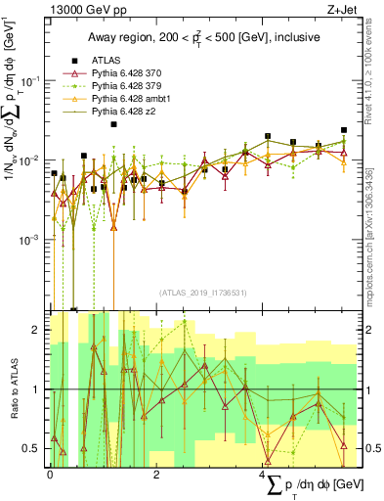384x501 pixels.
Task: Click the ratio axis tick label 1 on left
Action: tap(37, 389)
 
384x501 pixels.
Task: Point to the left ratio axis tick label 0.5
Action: tap(33, 448)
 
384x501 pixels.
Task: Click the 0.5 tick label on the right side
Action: tap(366, 448)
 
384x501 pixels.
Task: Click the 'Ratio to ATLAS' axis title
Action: tap(12, 389)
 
